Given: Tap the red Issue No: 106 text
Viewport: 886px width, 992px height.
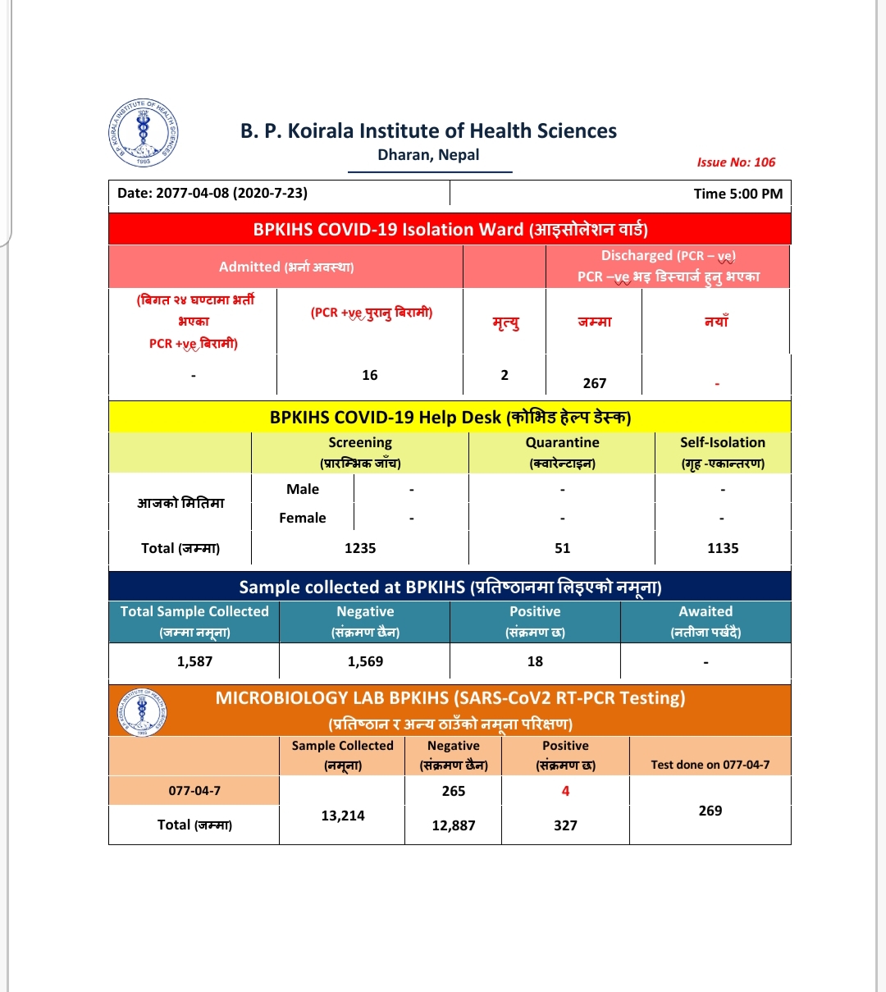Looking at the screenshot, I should click(736, 162).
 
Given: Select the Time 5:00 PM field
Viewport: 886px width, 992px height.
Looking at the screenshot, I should click(738, 194).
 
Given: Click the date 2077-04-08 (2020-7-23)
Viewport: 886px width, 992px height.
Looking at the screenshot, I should click(212, 194).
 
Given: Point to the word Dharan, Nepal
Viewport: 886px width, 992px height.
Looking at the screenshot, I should click(428, 155).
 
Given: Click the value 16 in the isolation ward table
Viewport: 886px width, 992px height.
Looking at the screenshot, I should click(370, 375).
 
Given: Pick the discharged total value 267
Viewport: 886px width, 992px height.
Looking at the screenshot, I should click(595, 383).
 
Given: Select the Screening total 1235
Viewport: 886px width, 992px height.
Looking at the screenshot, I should click(360, 548).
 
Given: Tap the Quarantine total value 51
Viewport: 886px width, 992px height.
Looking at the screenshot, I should click(562, 548).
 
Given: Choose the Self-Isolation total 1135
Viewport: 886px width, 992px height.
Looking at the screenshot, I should click(723, 548).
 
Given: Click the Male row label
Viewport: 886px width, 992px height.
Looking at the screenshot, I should click(303, 489).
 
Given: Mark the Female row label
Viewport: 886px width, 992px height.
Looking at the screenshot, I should click(303, 518).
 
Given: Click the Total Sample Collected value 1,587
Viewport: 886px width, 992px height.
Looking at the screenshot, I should click(194, 661).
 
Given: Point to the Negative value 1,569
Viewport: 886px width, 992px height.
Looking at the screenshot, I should click(365, 661).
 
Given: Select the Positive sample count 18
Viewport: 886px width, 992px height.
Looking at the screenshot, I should click(535, 661).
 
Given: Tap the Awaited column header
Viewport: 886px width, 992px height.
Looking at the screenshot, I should click(706, 612).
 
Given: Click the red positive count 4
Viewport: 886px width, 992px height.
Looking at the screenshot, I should click(565, 791).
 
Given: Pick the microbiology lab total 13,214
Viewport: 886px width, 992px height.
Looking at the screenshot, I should click(342, 816).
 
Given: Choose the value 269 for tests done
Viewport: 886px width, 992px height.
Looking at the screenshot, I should click(710, 811).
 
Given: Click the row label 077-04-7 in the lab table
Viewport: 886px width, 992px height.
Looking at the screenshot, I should click(194, 791).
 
